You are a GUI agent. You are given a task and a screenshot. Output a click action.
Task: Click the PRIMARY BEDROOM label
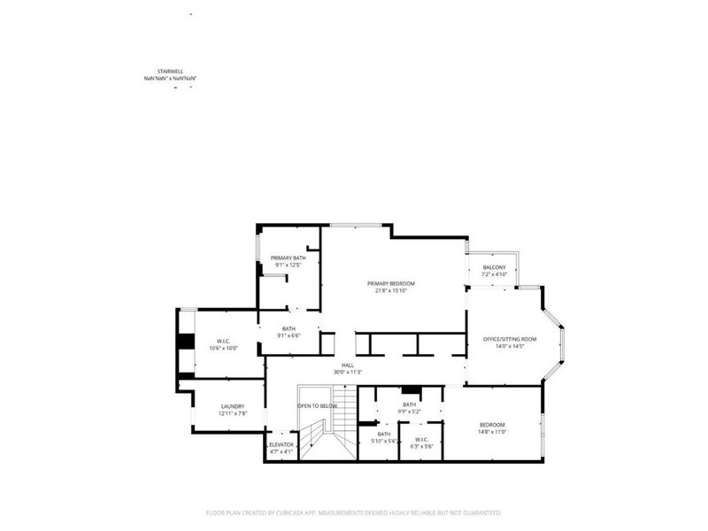click(x=390, y=283)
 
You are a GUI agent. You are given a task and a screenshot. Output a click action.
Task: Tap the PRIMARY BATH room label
click(x=288, y=258)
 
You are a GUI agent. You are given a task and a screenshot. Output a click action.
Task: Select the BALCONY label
click(x=494, y=267)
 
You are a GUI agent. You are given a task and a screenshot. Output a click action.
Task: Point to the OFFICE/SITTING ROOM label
click(x=509, y=339)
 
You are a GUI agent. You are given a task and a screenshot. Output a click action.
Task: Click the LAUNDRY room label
click(x=231, y=406)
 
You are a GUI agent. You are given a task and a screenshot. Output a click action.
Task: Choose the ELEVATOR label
click(x=281, y=444)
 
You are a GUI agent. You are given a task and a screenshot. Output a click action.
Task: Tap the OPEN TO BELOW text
click(x=316, y=406)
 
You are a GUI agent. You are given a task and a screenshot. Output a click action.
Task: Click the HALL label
click(x=348, y=365)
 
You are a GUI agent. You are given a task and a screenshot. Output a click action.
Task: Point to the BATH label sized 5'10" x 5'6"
click(x=384, y=434)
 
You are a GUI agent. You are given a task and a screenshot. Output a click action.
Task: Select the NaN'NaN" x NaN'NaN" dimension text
click(x=169, y=80)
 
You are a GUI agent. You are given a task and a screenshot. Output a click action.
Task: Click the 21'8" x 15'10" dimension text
click(x=390, y=290)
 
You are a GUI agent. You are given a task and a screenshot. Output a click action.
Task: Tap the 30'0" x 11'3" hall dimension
click(x=348, y=372)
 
